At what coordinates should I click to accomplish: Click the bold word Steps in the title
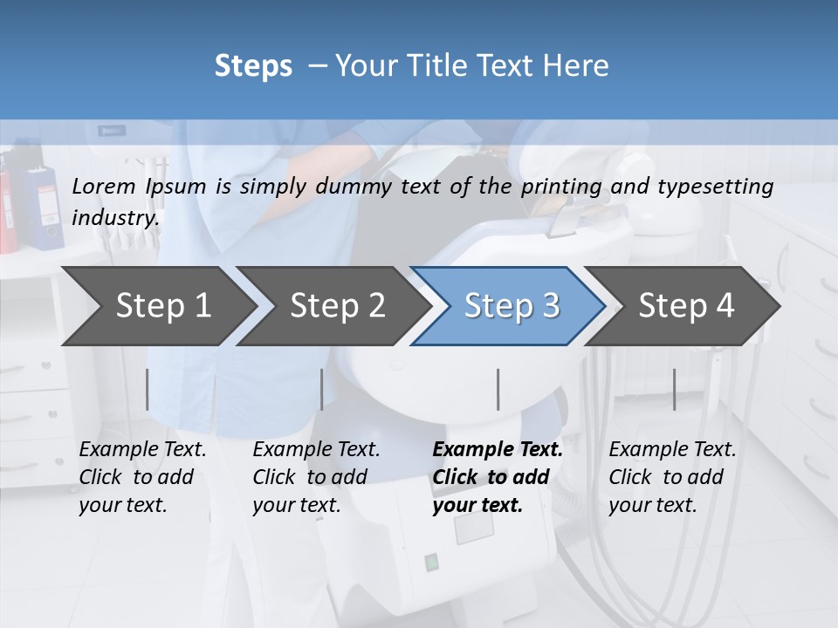[x=253, y=66]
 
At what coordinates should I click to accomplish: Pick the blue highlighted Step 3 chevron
[x=512, y=305]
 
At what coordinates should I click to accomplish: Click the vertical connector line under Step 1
[x=148, y=389]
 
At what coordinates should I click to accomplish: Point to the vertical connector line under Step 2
[x=322, y=389]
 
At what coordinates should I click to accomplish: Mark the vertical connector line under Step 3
[x=498, y=389]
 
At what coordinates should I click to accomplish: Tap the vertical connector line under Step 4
[x=674, y=389]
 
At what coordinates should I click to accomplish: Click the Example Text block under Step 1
[x=142, y=477]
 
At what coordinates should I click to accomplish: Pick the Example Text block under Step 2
[x=316, y=477]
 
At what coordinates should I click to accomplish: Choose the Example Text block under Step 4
[x=672, y=477]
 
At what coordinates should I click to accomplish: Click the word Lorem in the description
[x=104, y=186]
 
